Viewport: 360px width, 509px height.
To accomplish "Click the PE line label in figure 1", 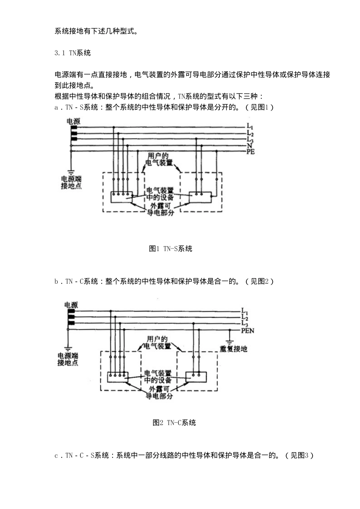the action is pyautogui.click(x=250, y=151).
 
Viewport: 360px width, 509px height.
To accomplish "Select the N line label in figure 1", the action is pyautogui.click(x=249, y=146).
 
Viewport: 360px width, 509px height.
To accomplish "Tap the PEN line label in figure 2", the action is pyautogui.click(x=247, y=331).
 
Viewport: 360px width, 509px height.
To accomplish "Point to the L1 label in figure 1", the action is pyautogui.click(x=250, y=126).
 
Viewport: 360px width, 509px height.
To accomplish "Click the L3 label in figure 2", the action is pyautogui.click(x=244, y=323).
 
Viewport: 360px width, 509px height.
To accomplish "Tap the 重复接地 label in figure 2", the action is pyautogui.click(x=233, y=349).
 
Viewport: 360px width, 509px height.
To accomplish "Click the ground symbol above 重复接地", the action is pyautogui.click(x=230, y=342).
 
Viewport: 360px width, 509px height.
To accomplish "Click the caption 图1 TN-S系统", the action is pyautogui.click(x=170, y=248).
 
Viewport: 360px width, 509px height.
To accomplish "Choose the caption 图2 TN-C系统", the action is pyautogui.click(x=174, y=423).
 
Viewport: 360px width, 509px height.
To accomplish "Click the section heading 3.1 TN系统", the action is pyautogui.click(x=72, y=53).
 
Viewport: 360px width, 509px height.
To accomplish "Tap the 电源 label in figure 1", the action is pyautogui.click(x=73, y=121).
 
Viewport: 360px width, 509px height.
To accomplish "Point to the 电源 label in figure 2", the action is pyautogui.click(x=71, y=305).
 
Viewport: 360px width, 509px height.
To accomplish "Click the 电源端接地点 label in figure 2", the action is pyautogui.click(x=67, y=359).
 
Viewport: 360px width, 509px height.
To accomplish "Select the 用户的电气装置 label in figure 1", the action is pyautogui.click(x=159, y=159).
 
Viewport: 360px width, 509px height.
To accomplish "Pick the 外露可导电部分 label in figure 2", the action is pyautogui.click(x=159, y=392).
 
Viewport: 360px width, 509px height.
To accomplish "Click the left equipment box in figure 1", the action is pyautogui.click(x=121, y=197).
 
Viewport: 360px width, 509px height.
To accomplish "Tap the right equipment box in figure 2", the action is pyautogui.click(x=196, y=377).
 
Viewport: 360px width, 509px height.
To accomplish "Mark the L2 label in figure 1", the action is pyautogui.click(x=250, y=133).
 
